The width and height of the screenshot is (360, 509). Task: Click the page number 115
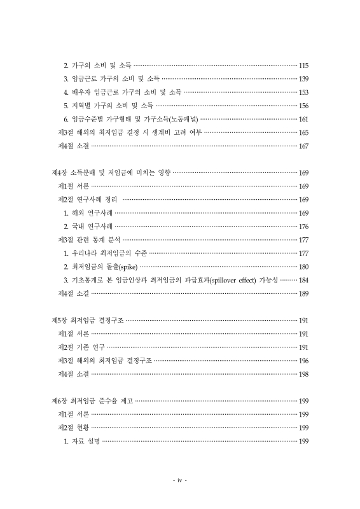pos(303,66)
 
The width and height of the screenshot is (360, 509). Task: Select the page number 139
pos(303,79)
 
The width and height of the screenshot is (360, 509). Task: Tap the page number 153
pos(303,92)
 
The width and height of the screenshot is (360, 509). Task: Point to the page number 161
pos(303,119)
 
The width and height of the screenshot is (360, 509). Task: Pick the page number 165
pos(303,132)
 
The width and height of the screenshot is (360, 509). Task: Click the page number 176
pos(303,226)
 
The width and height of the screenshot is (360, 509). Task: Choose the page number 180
pos(303,266)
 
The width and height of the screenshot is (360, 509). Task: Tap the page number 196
pos(303,360)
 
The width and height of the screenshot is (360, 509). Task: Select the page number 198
pos(303,373)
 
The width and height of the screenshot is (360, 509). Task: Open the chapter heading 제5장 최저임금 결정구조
pos(87,320)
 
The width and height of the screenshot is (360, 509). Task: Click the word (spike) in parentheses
pos(128,267)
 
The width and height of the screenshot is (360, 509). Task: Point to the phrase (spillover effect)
pos(247,280)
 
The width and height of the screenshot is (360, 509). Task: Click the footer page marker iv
pos(180,480)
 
